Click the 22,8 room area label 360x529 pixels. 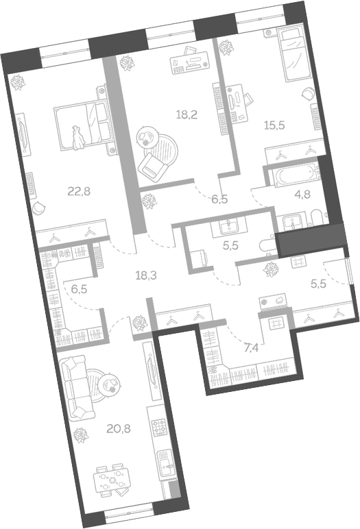[x=77, y=191]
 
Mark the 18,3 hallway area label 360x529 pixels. [x=146, y=275]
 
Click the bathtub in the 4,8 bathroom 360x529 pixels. [x=293, y=177]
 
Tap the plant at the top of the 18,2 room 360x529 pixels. [x=126, y=63]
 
